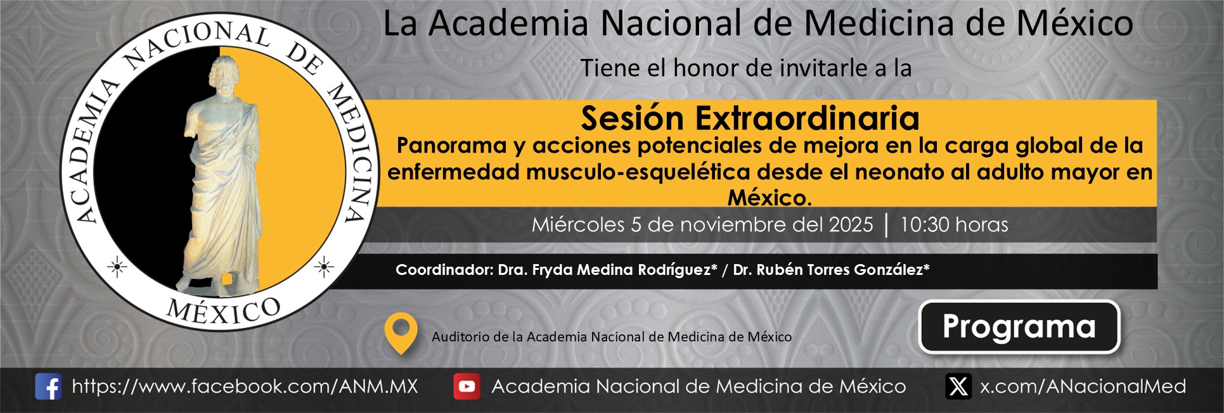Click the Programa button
coord(1019,327)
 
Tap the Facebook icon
coord(48,386)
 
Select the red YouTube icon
coord(467,386)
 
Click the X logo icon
coord(958,386)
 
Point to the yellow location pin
coord(401,333)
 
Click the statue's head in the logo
coord(224,73)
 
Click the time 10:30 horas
coord(954,225)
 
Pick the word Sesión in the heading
coord(633,118)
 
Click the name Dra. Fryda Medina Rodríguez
coord(607,270)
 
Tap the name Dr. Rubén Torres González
coord(831,270)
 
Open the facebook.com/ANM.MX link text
coord(245,386)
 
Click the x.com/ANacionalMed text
coord(1083,386)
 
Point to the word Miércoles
coord(578,225)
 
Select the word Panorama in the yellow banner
coord(451,146)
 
